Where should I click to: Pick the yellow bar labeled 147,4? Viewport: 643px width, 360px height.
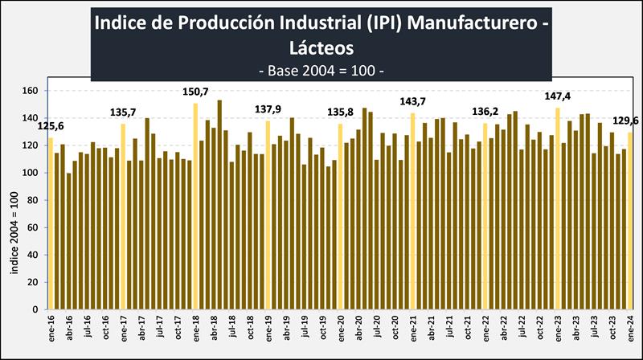557,209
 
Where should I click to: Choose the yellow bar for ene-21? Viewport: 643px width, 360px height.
413,211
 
